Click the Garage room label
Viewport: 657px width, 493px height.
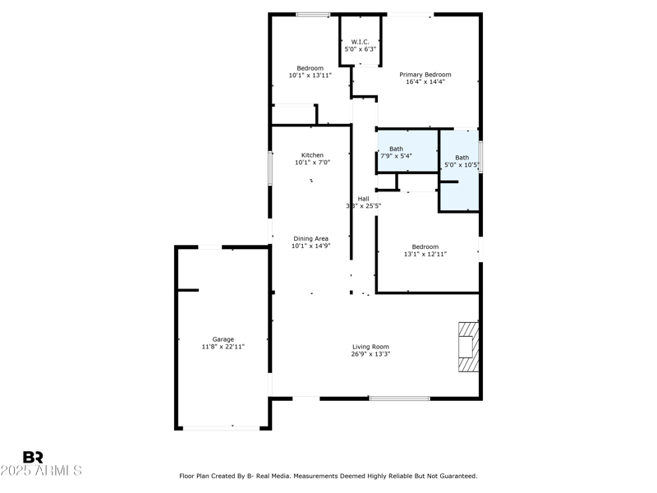click(223, 339)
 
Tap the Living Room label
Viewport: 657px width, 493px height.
click(370, 347)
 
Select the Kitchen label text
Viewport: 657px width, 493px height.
click(312, 155)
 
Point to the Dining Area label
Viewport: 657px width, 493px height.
click(310, 238)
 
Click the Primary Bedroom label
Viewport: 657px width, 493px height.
click(425, 75)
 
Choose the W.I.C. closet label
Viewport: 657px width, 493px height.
click(361, 42)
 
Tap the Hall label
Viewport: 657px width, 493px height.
click(363, 198)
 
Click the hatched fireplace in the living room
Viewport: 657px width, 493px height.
click(467, 347)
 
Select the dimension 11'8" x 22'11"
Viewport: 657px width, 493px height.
click(223, 348)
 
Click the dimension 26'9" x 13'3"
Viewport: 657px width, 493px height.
click(370, 355)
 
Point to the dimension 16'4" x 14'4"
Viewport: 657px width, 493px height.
click(425, 82)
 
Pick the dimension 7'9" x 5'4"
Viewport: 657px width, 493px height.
click(396, 156)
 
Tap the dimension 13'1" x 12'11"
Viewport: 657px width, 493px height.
click(425, 255)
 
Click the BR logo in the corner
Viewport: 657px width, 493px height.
click(33, 457)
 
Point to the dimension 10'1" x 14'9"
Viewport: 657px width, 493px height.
click(310, 246)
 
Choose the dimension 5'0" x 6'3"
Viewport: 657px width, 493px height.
click(361, 49)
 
